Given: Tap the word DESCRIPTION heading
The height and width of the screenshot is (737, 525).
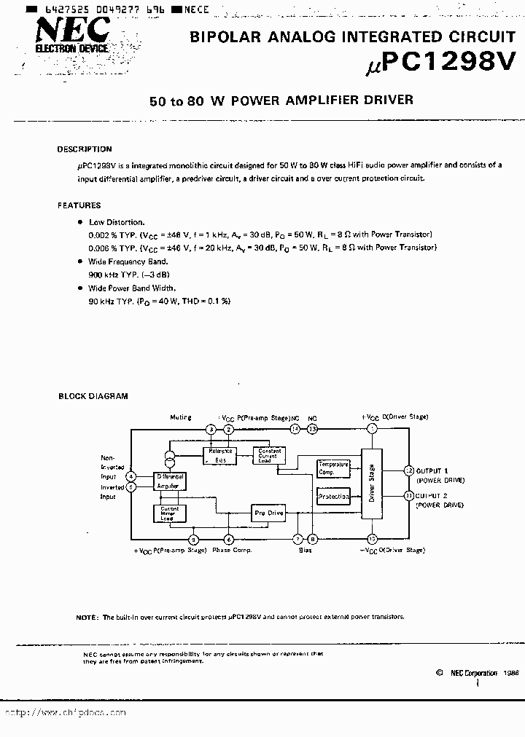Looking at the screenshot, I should [85, 149].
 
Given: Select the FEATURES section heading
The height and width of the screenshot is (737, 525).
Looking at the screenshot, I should [79, 205].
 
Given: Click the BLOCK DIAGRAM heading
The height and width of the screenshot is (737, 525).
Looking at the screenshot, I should [93, 396].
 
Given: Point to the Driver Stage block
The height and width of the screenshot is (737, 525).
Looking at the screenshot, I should [371, 484].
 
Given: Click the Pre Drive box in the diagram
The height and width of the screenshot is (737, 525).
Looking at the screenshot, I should [269, 513].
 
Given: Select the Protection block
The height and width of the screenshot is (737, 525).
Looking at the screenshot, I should [334, 497].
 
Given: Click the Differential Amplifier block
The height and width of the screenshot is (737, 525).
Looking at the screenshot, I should [170, 481].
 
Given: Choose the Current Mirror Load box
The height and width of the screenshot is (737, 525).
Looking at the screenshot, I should [169, 513].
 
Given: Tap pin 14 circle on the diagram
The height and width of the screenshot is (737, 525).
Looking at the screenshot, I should [295, 430].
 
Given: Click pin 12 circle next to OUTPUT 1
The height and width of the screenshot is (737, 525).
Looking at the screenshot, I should [408, 470].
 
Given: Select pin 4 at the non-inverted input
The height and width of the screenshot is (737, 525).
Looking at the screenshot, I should [131, 476].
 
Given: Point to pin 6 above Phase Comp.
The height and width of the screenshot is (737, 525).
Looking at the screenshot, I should [229, 539].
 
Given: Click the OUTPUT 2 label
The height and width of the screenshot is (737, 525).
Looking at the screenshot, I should [433, 495].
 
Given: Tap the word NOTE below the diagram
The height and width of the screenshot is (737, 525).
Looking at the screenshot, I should [85, 617].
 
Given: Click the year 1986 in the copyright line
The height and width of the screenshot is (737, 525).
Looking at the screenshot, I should [510, 673].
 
